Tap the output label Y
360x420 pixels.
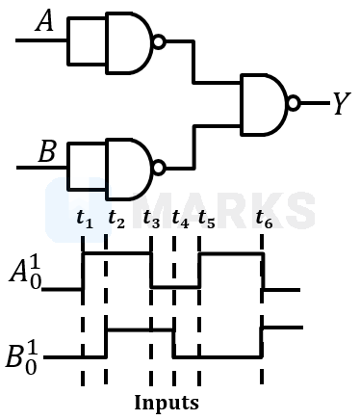[340, 103]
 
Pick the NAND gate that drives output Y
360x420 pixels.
[265, 103]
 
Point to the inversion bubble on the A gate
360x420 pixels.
[160, 41]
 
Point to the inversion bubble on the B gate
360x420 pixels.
[160, 165]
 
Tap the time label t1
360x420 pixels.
[85, 221]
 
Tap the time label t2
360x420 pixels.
[116, 221]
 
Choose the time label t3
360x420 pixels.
[151, 221]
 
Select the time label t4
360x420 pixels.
[180, 221]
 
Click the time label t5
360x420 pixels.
[206, 221]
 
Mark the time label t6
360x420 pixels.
[264, 221]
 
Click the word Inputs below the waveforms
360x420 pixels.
[167, 401]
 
